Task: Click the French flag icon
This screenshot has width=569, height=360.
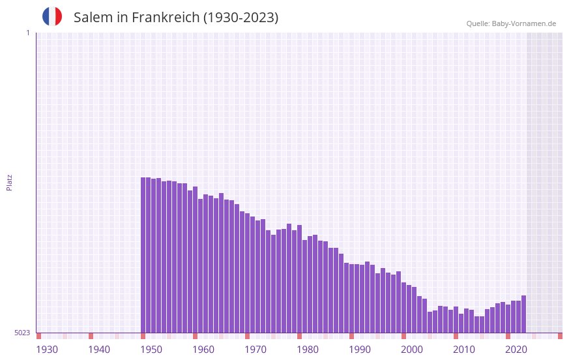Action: coord(52,17)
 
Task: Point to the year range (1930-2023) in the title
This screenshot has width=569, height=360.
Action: coord(241,18)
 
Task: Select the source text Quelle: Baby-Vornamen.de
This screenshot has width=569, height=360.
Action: coord(511,23)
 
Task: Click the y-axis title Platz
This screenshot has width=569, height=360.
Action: coord(9,182)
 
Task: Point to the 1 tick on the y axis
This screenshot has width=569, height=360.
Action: coord(27,33)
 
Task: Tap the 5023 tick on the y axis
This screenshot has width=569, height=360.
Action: coord(22,333)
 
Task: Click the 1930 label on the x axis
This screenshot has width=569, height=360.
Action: coord(47,350)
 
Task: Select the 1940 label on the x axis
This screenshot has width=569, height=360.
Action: coord(99,350)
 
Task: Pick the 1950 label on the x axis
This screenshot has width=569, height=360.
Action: coord(151,350)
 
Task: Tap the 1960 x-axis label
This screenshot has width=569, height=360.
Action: coord(203,350)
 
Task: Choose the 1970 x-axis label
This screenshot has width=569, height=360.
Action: coord(255,350)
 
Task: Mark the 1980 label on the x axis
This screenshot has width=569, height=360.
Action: coord(308,350)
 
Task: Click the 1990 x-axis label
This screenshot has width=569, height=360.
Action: coord(360,350)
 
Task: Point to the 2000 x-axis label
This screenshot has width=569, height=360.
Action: coord(412,350)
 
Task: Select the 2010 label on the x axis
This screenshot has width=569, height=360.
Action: coord(464,350)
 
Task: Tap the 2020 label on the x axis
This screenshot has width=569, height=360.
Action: coord(516,350)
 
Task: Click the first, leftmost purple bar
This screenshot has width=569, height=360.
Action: coord(143,254)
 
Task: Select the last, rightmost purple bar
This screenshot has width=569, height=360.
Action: coord(523,314)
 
